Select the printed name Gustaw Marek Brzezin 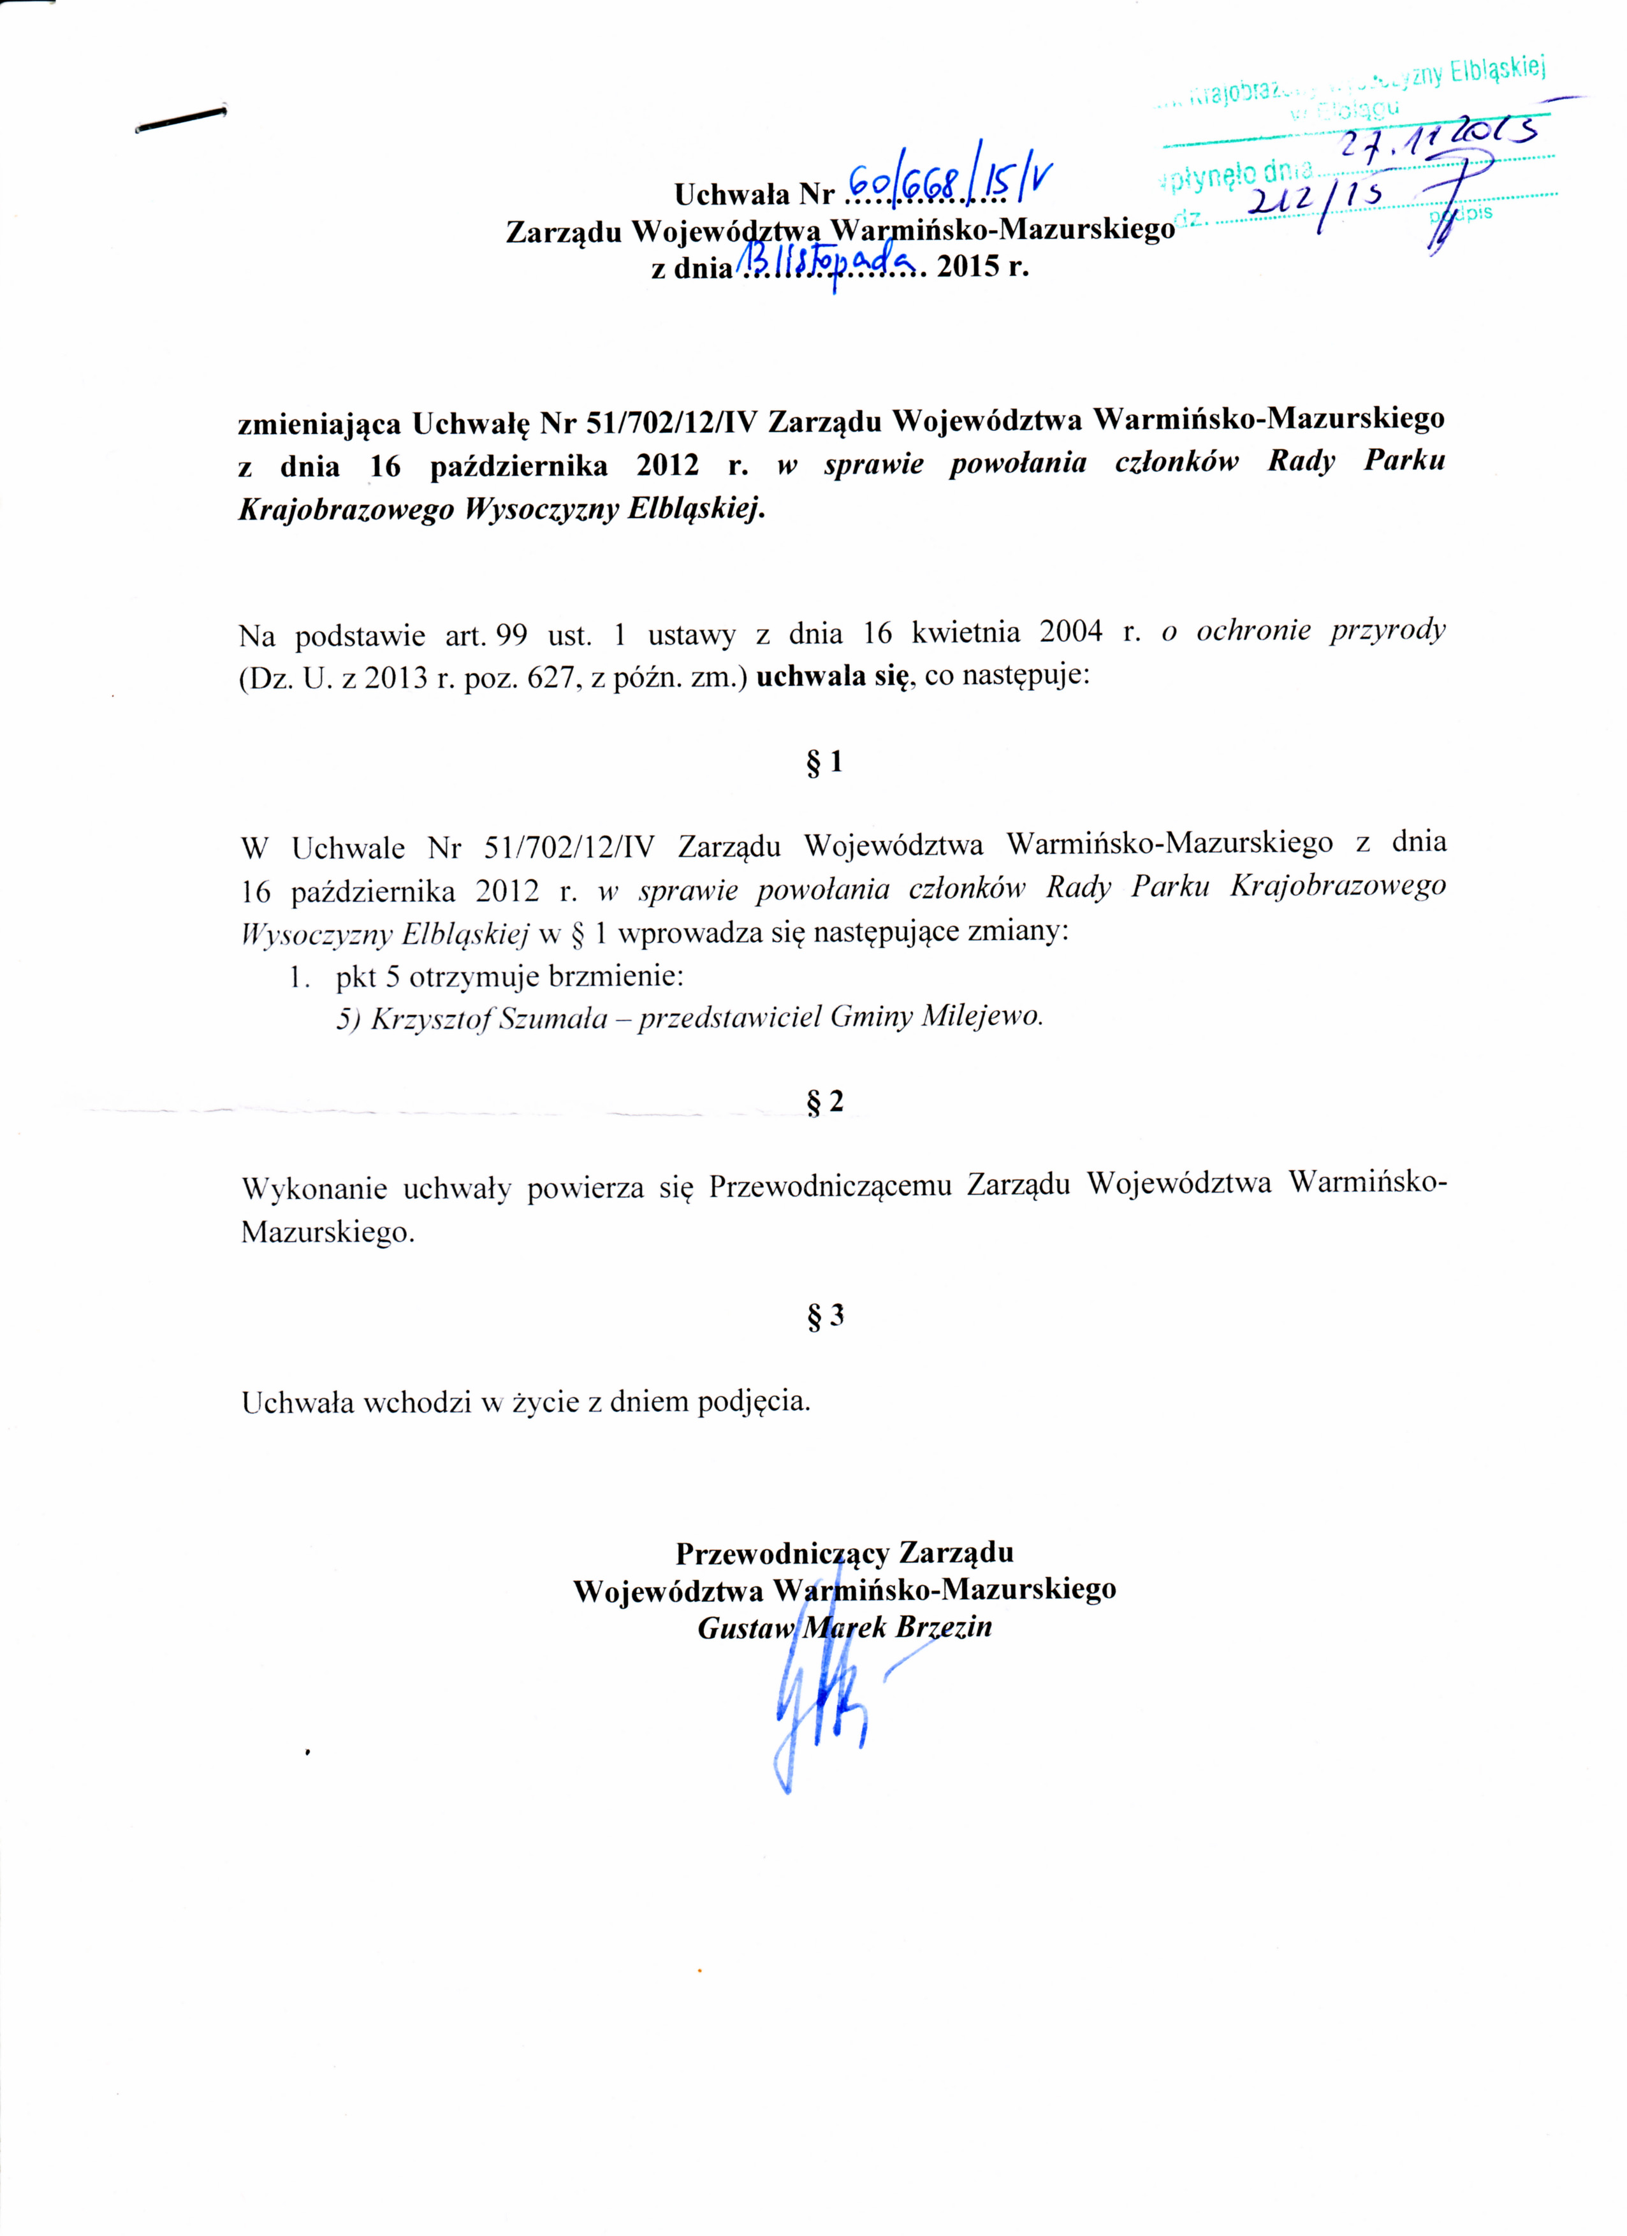tap(844, 1628)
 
